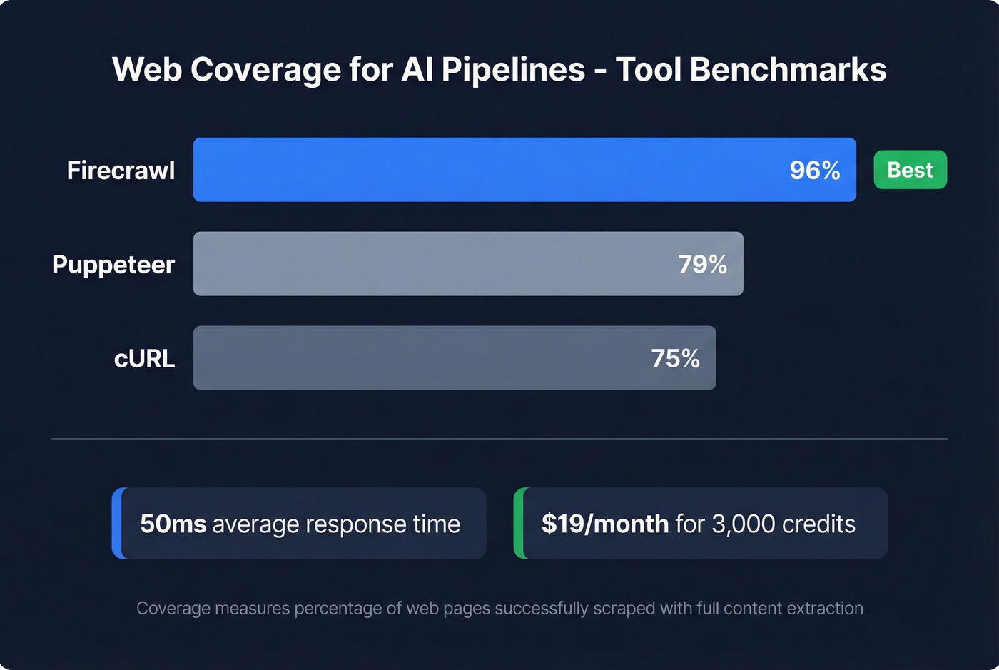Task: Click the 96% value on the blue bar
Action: (814, 170)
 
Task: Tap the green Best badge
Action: (910, 170)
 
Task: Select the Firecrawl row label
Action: (121, 171)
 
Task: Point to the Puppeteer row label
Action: (113, 265)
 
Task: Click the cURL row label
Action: (144, 358)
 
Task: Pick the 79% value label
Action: (702, 265)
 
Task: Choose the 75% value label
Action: (675, 358)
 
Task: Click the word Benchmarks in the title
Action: (788, 70)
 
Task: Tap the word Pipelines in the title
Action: (513, 70)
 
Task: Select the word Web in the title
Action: (146, 70)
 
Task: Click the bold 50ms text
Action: (173, 524)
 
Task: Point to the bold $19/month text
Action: (604, 524)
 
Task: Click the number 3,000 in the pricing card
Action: (744, 524)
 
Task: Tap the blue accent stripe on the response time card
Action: (117, 523)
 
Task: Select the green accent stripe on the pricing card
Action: (519, 523)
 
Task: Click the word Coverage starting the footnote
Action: (173, 609)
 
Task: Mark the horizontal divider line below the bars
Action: (499, 439)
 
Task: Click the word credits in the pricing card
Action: (818, 524)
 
